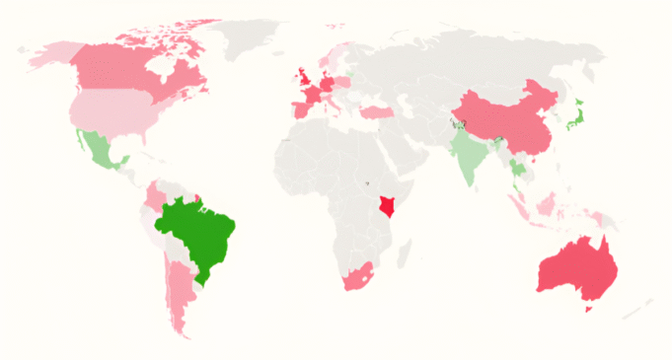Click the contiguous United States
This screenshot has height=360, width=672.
(x=113, y=109)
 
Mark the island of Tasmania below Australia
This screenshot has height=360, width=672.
(x=590, y=309)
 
